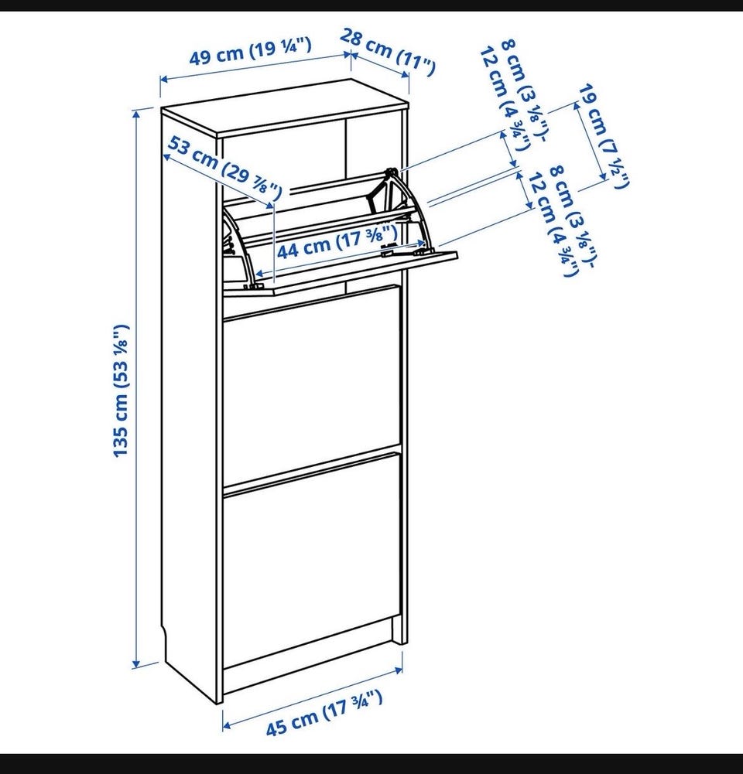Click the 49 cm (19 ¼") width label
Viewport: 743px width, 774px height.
[251, 52]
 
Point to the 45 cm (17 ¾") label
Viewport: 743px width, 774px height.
[324, 713]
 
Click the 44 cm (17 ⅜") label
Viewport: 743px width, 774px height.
[337, 241]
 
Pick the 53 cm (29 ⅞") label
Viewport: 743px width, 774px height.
[225, 168]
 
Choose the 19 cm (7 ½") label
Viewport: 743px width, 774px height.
[604, 136]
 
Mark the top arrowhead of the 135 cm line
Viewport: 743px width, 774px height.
[136, 114]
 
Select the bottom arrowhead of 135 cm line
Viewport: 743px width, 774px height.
[136, 663]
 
